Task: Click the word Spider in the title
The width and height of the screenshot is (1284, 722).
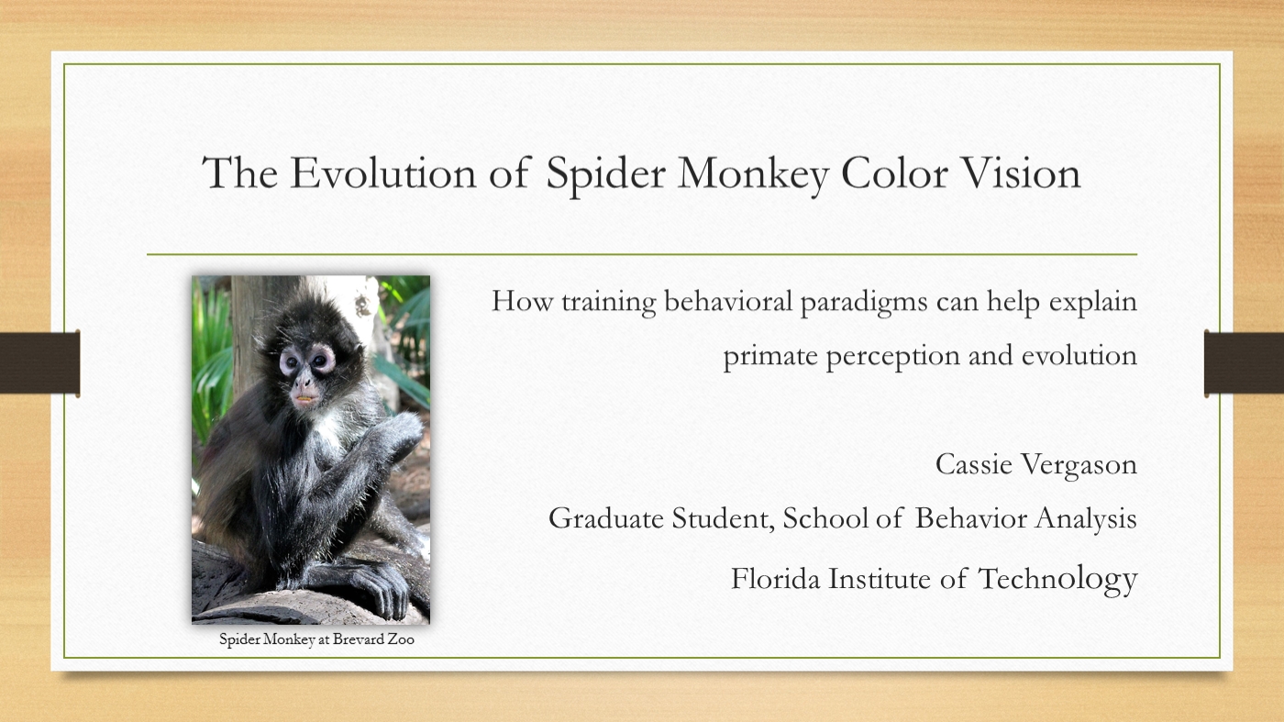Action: [x=605, y=174]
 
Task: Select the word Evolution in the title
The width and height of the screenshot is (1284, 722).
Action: [x=383, y=172]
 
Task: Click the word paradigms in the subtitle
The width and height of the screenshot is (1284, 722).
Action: [x=864, y=303]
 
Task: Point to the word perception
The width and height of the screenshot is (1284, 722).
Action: [x=892, y=357]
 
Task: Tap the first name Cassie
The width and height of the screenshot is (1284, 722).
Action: [x=973, y=464]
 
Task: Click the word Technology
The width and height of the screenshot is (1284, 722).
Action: [x=1057, y=579]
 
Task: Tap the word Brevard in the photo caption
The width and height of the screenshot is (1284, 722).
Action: [x=358, y=639]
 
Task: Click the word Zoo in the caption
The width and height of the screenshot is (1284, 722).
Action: [x=401, y=639]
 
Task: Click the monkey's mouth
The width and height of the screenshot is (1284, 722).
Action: [x=304, y=398]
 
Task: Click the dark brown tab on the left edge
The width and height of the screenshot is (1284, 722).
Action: [x=39, y=362]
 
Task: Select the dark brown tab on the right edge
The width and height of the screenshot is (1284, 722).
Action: [x=1244, y=362]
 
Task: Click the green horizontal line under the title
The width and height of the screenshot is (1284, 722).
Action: [x=642, y=254]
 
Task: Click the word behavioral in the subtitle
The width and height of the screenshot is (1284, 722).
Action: [x=728, y=301]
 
